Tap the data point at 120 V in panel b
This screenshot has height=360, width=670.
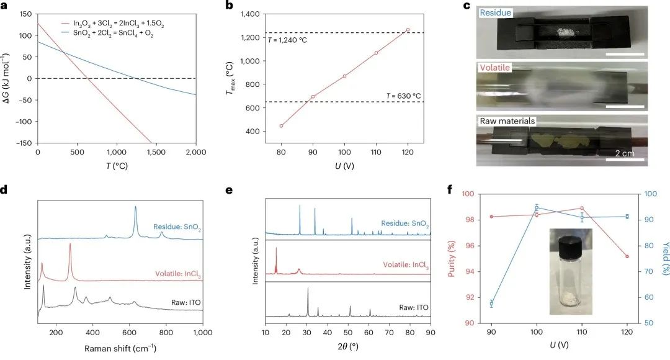[408, 29]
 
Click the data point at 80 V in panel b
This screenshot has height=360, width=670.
[281, 126]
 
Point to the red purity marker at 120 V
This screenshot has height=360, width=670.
[627, 256]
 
